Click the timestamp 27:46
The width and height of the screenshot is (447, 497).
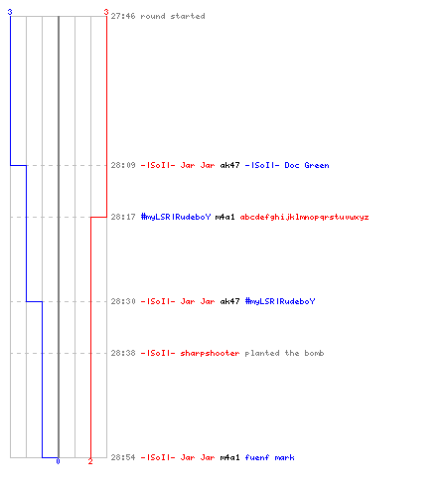[123, 16]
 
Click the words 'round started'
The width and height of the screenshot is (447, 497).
[173, 16]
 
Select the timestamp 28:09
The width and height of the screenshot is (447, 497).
[123, 165]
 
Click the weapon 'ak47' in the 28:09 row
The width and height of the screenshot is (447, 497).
[229, 165]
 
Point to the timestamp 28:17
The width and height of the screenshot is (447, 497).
[123, 217]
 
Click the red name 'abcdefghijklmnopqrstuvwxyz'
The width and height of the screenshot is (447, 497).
[304, 217]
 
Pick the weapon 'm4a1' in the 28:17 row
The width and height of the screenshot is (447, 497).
[224, 217]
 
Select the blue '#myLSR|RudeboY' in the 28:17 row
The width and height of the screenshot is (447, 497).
[176, 217]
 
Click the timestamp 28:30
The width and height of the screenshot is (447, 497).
[123, 301]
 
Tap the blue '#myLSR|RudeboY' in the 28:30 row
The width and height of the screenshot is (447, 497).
[280, 301]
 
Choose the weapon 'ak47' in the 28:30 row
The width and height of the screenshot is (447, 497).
[229, 301]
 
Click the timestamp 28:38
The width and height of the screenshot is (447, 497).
[123, 353]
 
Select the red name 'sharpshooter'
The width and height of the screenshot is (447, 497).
[210, 353]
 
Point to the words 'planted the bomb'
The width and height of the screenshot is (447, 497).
[284, 353]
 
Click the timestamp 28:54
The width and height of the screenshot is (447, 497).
[123, 457]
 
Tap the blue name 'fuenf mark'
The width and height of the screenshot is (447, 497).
[269, 457]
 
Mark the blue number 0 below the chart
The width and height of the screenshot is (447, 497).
[58, 461]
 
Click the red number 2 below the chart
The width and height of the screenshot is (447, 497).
[90, 461]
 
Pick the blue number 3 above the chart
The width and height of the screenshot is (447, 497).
[10, 12]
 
